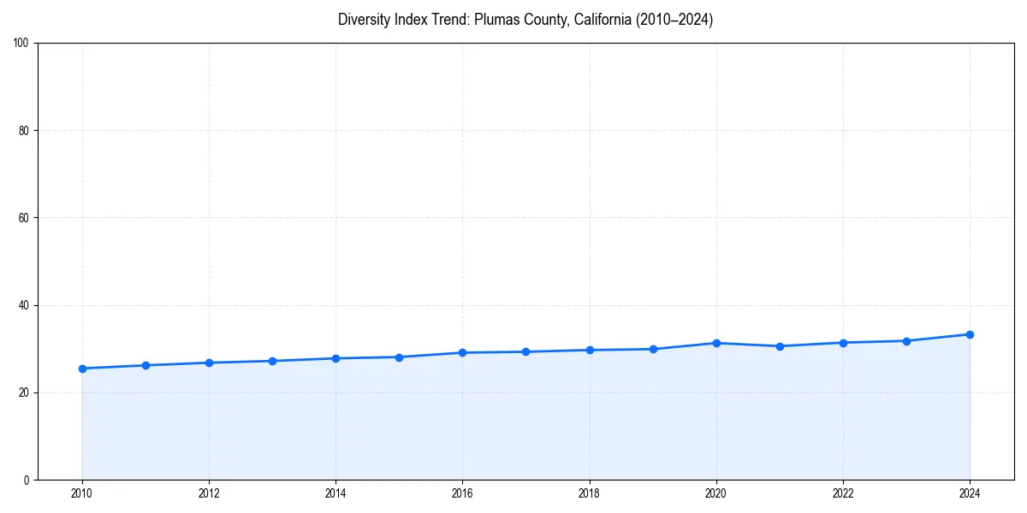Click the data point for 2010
[82, 369]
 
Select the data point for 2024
[970, 334]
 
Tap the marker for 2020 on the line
[716, 343]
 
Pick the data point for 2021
[780, 346]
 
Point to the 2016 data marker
[462, 352]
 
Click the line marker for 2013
[272, 361]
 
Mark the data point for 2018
[590, 350]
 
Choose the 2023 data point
[906, 341]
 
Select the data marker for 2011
[145, 365]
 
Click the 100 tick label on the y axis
[21, 44]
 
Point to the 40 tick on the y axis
[24, 305]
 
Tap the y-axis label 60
[24, 218]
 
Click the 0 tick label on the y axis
[27, 480]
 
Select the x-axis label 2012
[209, 492]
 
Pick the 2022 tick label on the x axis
[843, 492]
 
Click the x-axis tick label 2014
[335, 492]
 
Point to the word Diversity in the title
[363, 20]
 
